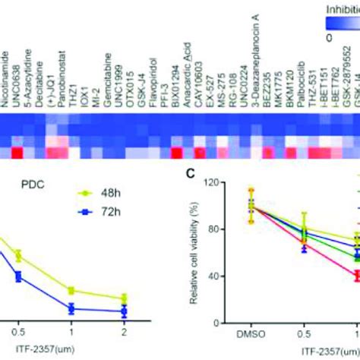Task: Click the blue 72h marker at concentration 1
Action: [x=71, y=308]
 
